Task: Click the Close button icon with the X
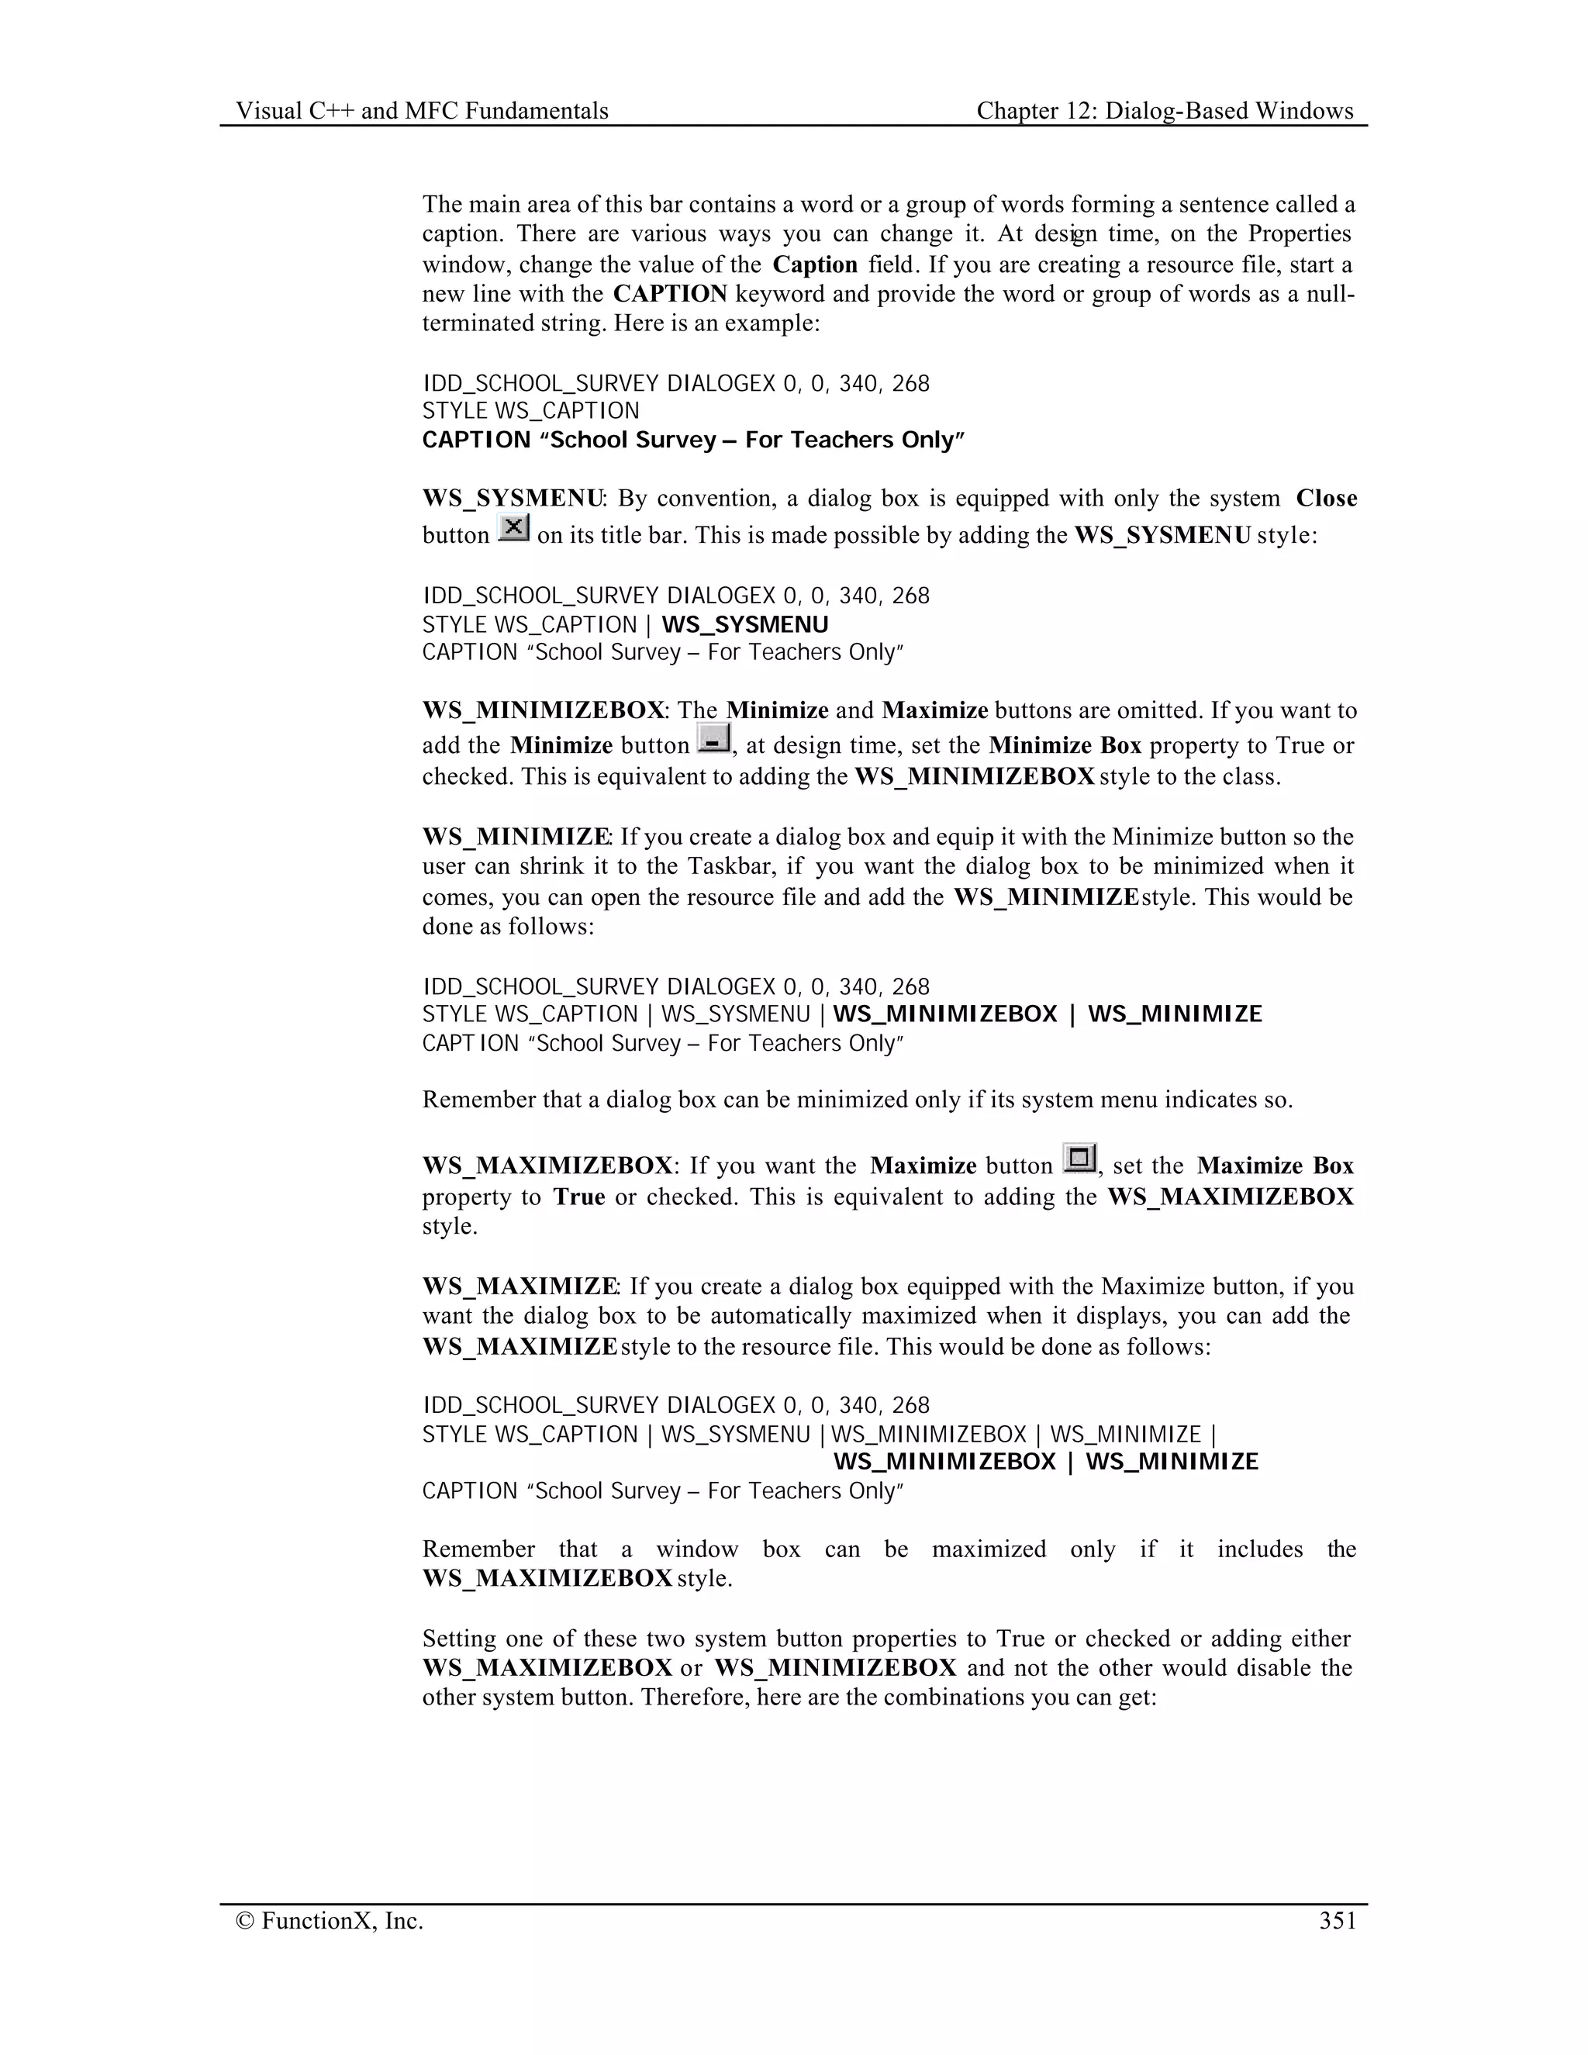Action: [513, 528]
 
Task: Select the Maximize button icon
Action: [1079, 1159]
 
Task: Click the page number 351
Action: [1337, 1920]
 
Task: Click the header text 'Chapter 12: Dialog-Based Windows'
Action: [1165, 111]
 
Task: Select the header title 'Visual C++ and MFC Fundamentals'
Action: [423, 111]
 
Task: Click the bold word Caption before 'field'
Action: [815, 264]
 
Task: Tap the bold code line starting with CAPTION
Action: [693, 440]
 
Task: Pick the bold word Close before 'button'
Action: [1325, 499]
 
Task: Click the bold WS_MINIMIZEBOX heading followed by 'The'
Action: [543, 710]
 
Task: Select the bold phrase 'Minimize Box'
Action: [1064, 746]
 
